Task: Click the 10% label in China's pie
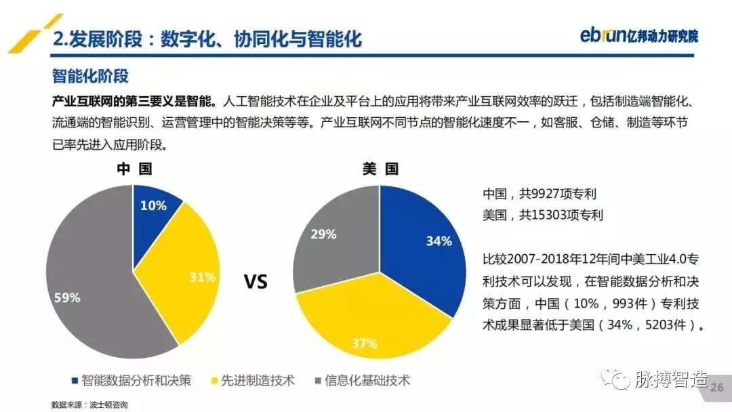(x=153, y=205)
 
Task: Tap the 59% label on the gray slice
(x=67, y=297)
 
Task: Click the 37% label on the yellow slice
(x=364, y=344)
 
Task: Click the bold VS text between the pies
(x=256, y=281)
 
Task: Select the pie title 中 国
(x=134, y=169)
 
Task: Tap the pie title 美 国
(x=380, y=169)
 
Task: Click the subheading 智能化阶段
(x=89, y=76)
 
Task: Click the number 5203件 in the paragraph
(x=668, y=325)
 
